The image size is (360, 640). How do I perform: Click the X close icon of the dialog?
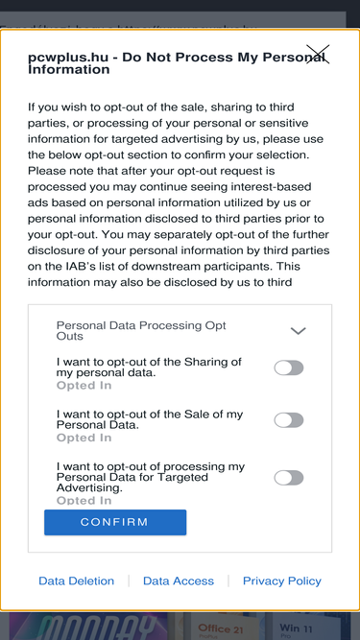click(x=318, y=55)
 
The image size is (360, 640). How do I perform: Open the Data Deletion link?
click(x=77, y=581)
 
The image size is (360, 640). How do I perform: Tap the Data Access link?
click(x=179, y=581)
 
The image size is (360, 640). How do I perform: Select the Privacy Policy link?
click(x=282, y=581)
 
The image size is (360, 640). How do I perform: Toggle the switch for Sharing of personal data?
click(x=289, y=367)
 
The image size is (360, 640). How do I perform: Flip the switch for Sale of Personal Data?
click(x=289, y=420)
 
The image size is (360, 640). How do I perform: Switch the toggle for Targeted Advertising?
click(x=289, y=478)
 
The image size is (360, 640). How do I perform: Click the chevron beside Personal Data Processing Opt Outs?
click(x=298, y=331)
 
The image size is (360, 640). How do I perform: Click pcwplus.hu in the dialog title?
click(x=68, y=58)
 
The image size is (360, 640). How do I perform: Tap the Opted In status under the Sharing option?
click(x=84, y=386)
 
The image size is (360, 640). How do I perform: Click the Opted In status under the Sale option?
click(x=84, y=438)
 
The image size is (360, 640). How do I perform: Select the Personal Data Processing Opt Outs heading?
click(x=141, y=331)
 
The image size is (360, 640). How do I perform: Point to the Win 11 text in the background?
click(x=296, y=628)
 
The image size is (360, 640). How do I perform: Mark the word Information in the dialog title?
click(x=68, y=69)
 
